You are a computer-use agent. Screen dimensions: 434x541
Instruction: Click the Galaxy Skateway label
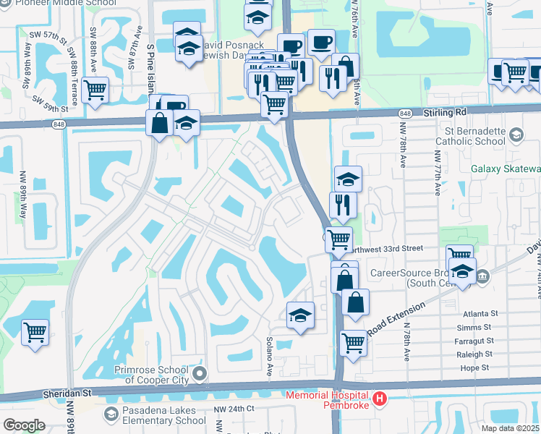coord(506,169)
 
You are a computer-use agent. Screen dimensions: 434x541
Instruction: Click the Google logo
coord(24,425)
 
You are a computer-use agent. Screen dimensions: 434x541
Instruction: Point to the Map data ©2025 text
coord(510,428)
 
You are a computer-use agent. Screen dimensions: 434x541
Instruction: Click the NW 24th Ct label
coord(234,409)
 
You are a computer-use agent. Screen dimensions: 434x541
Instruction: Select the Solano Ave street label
coord(269,365)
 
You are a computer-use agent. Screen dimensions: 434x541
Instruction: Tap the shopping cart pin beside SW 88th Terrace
coord(95,91)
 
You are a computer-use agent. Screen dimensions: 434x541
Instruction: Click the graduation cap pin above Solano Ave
coord(300,316)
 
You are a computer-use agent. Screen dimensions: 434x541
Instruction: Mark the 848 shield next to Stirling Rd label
coord(405,114)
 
